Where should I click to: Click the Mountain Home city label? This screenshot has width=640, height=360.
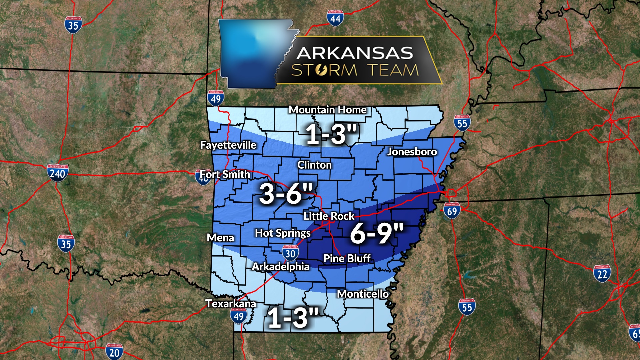tap(327, 110)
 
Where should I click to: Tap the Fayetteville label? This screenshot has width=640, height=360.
tap(228, 145)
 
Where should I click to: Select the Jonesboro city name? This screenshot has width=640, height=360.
tap(412, 152)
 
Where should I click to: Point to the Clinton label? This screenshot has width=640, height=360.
tap(314, 165)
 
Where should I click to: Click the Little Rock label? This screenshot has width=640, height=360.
tap(329, 216)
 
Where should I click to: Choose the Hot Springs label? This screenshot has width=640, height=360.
tap(283, 233)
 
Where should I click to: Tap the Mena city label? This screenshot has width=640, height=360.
tap(220, 238)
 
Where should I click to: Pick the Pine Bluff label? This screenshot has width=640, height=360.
tap(347, 258)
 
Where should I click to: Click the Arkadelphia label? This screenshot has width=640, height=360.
tap(280, 267)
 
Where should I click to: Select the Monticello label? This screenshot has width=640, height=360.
tap(363, 294)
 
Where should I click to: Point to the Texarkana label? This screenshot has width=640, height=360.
tap(230, 304)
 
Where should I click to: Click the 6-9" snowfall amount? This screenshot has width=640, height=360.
tap(377, 233)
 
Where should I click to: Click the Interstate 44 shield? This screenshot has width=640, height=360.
tap(335, 18)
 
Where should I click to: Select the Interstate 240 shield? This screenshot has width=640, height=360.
tap(58, 173)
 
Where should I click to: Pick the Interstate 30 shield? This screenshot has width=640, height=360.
tap(290, 253)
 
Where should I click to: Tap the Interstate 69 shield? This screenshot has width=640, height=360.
tap(452, 211)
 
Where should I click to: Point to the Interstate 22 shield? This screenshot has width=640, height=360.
tap(602, 274)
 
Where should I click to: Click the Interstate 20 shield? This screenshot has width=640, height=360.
tap(114, 352)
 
